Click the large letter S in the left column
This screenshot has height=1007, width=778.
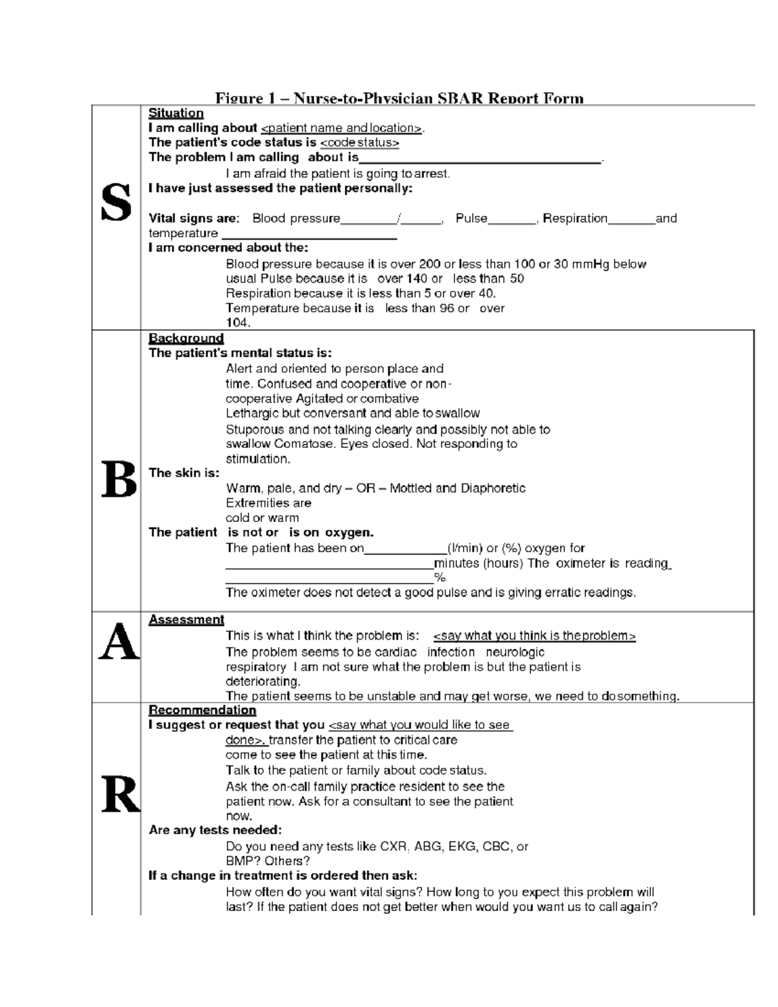[116, 203]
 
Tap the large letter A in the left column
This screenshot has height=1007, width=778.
[119, 643]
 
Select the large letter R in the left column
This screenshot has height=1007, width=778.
[121, 795]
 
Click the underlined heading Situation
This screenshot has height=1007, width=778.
[176, 113]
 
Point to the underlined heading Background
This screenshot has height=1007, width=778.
[186, 338]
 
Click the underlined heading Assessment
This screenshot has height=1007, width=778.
[186, 619]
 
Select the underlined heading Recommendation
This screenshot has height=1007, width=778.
[202, 710]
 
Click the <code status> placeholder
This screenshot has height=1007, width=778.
[360, 143]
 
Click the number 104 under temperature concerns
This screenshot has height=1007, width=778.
[237, 323]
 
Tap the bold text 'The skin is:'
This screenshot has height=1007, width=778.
[184, 473]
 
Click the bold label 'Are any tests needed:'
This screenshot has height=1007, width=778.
[215, 830]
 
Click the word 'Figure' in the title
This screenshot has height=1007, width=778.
[239, 99]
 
